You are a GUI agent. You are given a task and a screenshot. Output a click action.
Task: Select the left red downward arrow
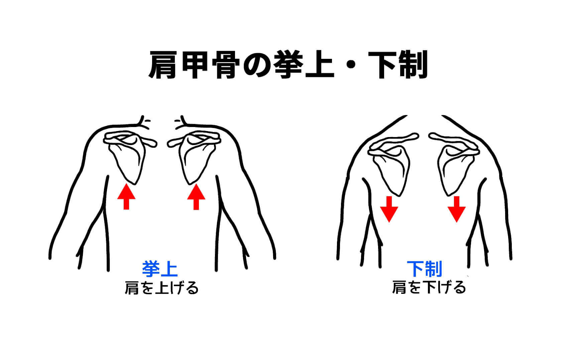[389, 209]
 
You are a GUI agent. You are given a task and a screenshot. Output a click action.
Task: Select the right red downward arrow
[457, 209]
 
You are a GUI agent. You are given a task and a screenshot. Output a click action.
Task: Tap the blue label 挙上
[160, 269]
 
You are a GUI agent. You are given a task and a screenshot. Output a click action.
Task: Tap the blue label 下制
[425, 269]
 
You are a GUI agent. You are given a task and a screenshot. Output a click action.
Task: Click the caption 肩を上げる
[162, 287]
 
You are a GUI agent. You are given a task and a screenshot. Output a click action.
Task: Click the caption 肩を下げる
[429, 287]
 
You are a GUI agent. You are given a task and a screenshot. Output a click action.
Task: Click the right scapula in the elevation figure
[194, 157]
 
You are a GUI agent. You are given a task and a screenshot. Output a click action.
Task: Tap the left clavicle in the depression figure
[393, 143]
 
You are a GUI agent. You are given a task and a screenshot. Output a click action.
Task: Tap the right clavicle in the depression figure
[455, 143]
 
